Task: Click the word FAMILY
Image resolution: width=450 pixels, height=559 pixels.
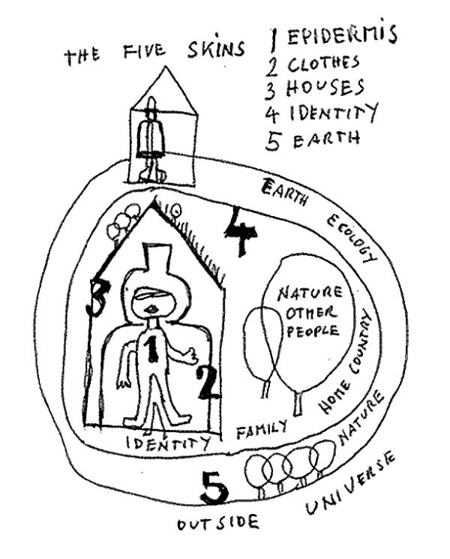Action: [x=262, y=430]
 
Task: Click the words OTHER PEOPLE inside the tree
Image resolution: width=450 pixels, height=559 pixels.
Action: [x=308, y=321]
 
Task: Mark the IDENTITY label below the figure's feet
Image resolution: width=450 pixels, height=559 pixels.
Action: [x=166, y=443]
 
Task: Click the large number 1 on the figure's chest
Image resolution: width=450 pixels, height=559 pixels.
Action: [x=151, y=350]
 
